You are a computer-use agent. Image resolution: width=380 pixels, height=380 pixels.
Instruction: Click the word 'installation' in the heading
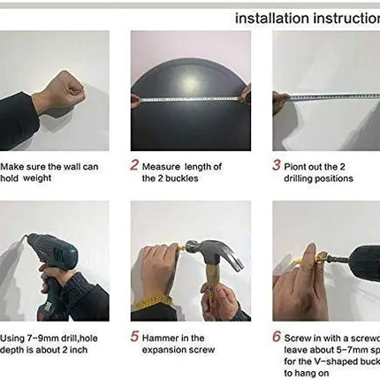tap(269, 18)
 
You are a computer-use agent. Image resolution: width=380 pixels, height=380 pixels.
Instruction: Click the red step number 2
tap(135, 164)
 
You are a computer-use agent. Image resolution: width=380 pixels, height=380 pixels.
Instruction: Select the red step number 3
tap(277, 164)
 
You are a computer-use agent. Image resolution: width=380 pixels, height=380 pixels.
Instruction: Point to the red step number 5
tap(135, 337)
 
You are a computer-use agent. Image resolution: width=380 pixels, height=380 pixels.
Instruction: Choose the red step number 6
tap(277, 337)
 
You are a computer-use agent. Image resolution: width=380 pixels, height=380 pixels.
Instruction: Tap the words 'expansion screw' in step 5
tap(176, 350)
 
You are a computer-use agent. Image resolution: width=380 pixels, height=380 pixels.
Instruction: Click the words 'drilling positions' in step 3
tap(317, 178)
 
